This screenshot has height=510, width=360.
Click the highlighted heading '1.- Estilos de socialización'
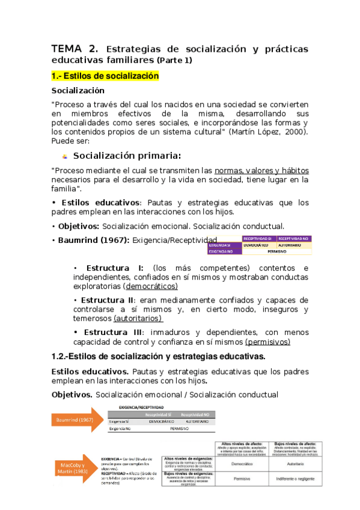click(x=105, y=76)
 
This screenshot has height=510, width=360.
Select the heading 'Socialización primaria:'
click(x=127, y=156)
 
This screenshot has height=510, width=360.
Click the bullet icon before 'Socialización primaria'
click(x=65, y=156)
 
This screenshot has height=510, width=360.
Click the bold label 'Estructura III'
click(x=114, y=332)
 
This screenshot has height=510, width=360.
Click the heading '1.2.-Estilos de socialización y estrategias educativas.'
click(x=159, y=357)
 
